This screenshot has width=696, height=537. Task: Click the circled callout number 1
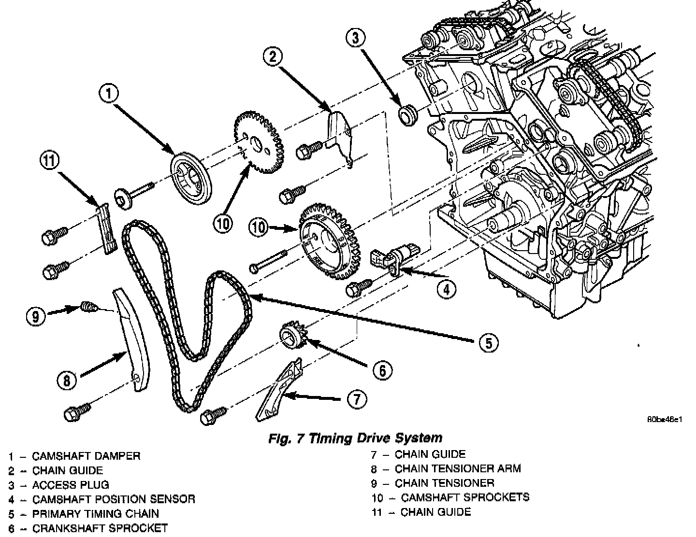click(109, 94)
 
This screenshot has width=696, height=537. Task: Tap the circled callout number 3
click(355, 38)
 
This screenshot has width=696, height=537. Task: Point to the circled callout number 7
click(356, 399)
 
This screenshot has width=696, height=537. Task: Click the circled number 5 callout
click(488, 342)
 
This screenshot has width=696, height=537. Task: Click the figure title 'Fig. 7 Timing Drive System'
click(355, 438)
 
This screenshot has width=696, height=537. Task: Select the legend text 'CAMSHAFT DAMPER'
click(86, 456)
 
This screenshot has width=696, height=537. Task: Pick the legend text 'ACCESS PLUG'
click(71, 485)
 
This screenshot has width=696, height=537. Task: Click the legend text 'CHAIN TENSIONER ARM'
click(458, 468)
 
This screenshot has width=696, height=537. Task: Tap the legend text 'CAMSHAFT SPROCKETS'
click(465, 497)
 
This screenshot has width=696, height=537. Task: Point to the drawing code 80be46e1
click(665, 419)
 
